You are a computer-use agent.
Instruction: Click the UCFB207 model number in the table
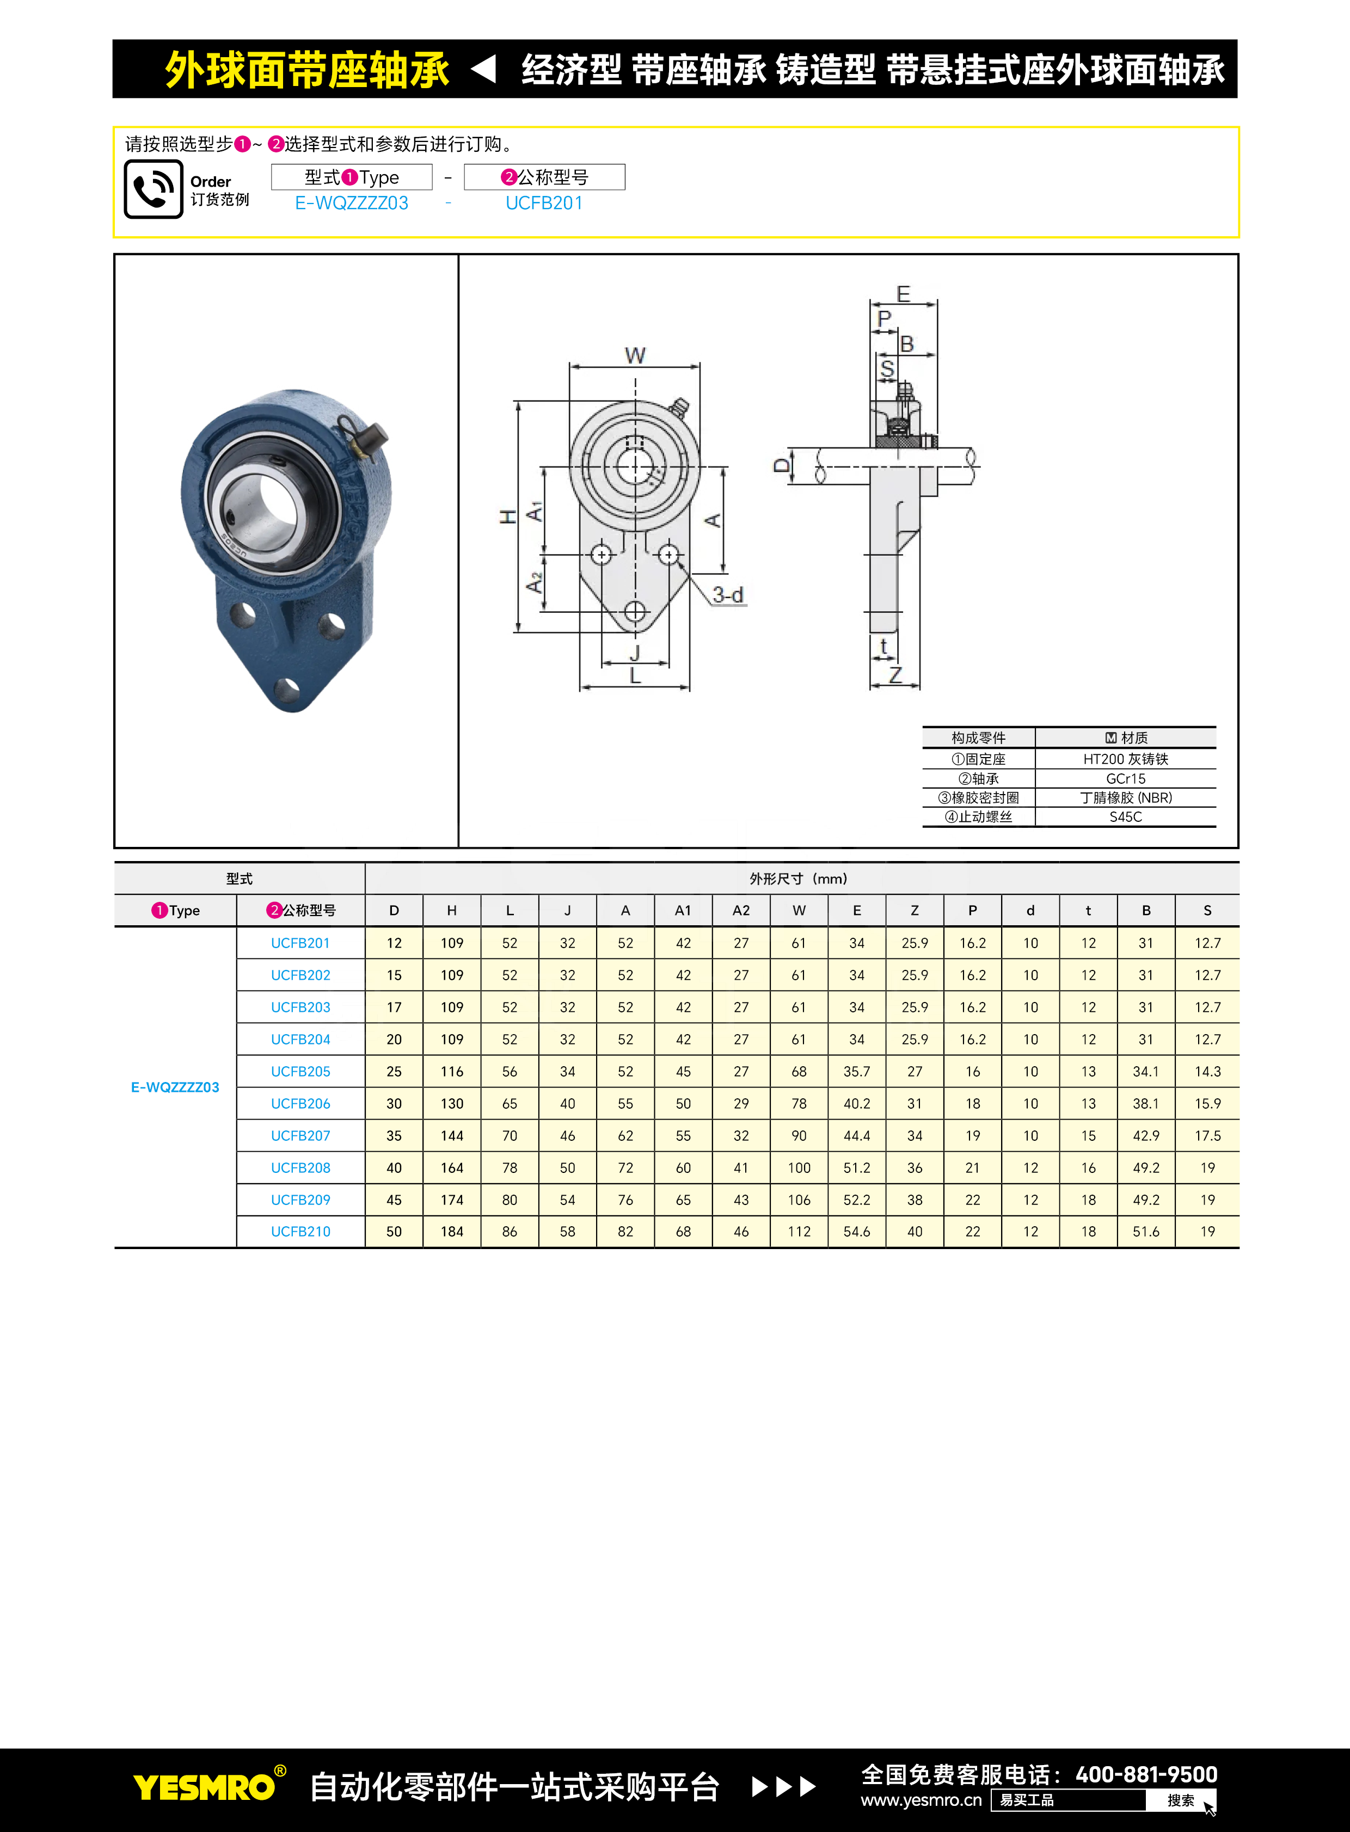300,1136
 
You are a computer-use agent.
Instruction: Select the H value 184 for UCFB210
452,1232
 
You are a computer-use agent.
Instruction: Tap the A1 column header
683,910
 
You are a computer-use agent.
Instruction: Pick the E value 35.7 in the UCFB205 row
856,1071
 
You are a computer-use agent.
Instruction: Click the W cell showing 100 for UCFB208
799,1167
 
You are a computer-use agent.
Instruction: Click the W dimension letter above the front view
635,355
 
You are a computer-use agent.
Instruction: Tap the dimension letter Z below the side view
895,675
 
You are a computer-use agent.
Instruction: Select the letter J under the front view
635,652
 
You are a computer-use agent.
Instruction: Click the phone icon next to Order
154,189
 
